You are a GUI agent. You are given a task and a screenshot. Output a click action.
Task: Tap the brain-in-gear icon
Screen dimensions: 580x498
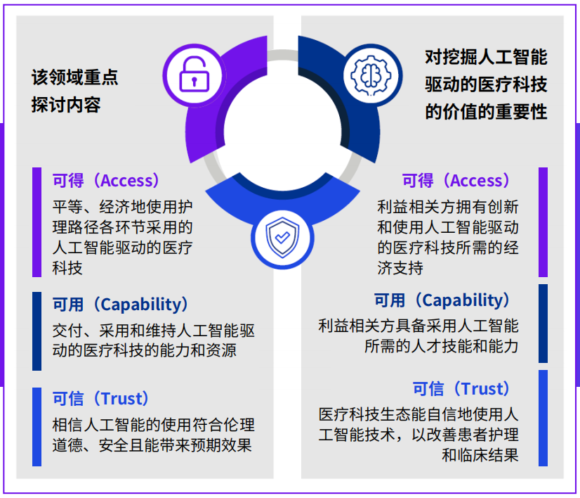click(x=371, y=75)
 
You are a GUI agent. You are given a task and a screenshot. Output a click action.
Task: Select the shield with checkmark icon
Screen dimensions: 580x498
click(x=282, y=238)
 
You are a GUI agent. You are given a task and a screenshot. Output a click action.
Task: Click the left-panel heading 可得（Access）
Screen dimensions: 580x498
click(x=106, y=181)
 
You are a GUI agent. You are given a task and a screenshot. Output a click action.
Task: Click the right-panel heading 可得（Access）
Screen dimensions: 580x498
click(x=456, y=181)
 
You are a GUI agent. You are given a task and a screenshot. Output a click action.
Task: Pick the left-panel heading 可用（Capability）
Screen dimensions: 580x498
click(x=120, y=304)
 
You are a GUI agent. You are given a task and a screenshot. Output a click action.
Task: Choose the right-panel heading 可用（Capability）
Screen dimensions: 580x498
click(x=442, y=300)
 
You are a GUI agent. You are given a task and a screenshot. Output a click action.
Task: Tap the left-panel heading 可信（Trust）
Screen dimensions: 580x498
click(x=100, y=398)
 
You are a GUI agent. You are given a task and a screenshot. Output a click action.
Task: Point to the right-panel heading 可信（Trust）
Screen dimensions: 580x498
click(x=461, y=389)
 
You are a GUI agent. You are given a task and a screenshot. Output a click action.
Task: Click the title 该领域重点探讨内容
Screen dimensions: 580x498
click(x=74, y=91)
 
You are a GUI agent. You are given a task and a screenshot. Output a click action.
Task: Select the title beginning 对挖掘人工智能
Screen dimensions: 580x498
click(x=486, y=84)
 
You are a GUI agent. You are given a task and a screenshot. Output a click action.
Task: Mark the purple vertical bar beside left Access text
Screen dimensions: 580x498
click(x=37, y=222)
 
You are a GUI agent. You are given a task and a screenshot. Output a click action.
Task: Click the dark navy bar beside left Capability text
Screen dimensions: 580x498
click(x=37, y=331)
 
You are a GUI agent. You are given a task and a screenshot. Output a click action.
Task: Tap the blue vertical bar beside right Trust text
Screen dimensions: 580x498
click(x=543, y=418)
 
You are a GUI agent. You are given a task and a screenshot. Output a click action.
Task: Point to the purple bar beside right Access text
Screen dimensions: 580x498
click(x=543, y=222)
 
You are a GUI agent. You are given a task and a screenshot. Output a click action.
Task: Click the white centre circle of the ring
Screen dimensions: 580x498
click(x=282, y=132)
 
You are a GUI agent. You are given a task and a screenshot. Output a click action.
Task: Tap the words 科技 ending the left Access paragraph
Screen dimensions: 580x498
click(x=67, y=267)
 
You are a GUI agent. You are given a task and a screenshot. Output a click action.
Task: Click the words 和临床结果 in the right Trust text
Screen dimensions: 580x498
click(x=480, y=455)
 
